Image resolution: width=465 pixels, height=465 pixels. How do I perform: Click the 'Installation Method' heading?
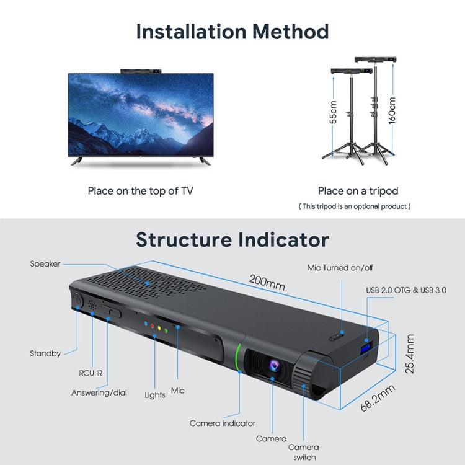coord(232,31)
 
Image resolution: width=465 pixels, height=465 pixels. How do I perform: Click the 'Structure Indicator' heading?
coord(232,239)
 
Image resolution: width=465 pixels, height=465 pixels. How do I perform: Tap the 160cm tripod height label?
coord(392,110)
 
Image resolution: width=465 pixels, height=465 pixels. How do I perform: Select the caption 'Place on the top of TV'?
coord(140,191)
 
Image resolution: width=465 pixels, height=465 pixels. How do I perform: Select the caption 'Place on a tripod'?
coord(358,191)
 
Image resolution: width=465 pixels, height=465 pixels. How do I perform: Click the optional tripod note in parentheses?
coord(355,206)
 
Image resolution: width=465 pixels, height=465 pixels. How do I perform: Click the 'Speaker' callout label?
coord(45,264)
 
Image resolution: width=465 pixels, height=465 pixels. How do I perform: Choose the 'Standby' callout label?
coord(45,353)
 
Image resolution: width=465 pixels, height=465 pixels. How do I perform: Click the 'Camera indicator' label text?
coord(223,423)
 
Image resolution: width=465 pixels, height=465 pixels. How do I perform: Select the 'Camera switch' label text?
coord(304,452)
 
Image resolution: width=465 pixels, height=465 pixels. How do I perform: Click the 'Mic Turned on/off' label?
coord(340,268)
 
